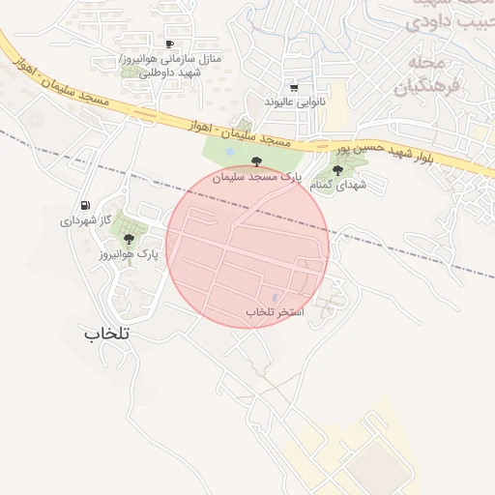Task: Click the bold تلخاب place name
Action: pos(107,333)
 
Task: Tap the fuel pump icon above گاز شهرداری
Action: pos(86,205)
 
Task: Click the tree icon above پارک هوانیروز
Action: pos(129,239)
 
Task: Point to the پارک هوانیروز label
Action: pos(129,254)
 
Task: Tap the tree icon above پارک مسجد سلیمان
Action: pos(256,161)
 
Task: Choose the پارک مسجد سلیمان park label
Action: pos(256,178)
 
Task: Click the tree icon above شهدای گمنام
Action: pos(336,170)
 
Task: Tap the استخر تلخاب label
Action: pos(275,312)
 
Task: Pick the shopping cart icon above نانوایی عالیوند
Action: pos(294,87)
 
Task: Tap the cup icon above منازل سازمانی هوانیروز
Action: pos(170,44)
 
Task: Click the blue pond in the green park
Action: pos(229,151)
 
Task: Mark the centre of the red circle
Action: pos(247,247)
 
